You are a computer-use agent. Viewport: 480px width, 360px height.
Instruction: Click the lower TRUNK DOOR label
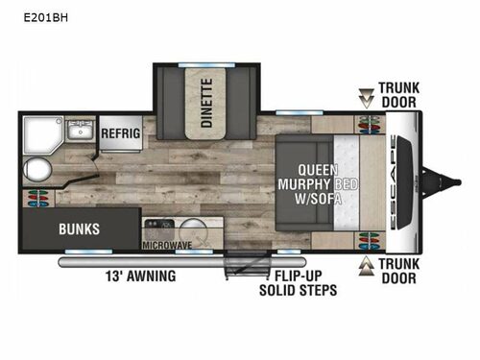point(397,271)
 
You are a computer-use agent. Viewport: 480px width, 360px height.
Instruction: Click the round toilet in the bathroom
point(36,170)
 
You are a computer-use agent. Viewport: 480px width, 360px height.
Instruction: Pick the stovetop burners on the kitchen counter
point(155,230)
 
